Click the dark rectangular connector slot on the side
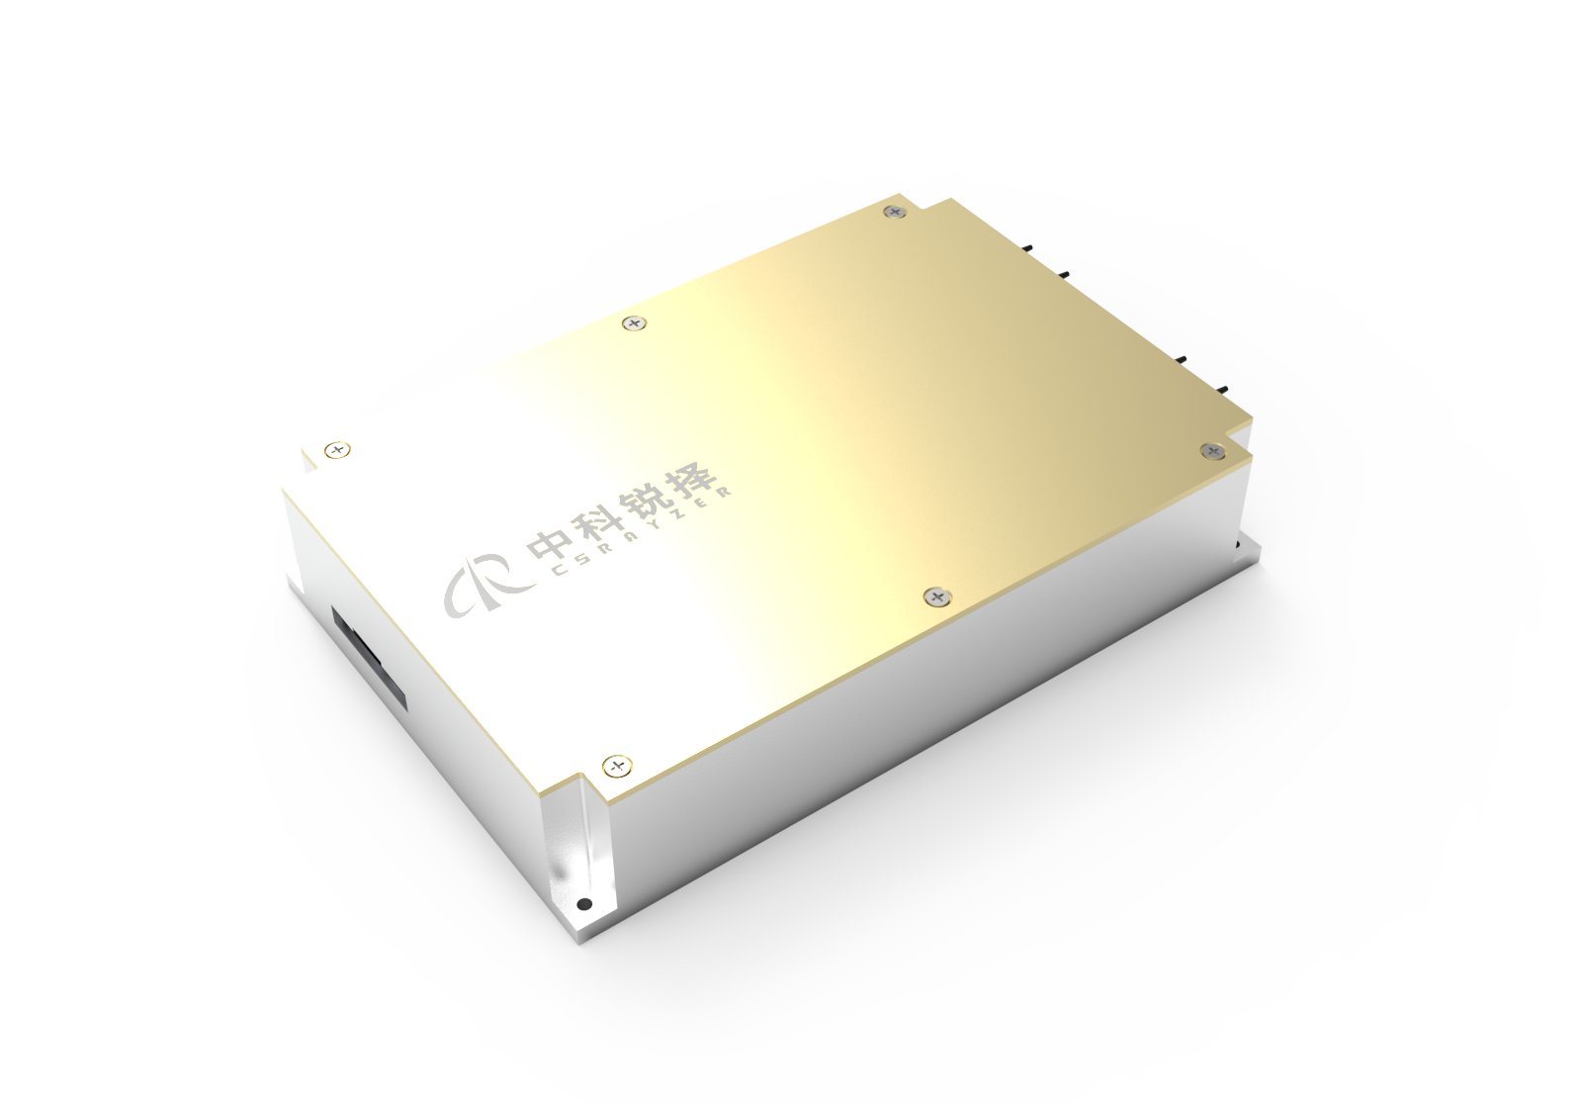370,657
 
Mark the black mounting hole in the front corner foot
583,903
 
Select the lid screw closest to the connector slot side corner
338,450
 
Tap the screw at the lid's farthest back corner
895,211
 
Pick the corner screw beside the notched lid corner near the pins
1212,451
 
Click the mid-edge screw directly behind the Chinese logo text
633,322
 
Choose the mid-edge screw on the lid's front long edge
935,596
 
